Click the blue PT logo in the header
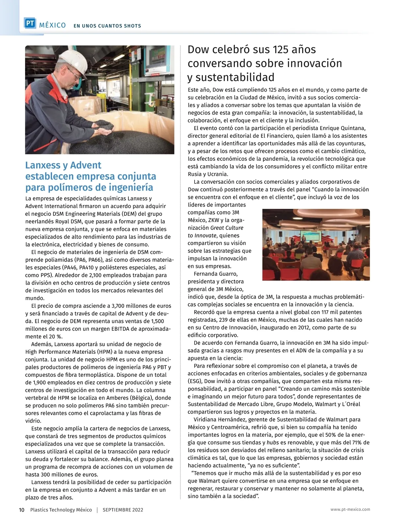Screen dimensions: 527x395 point(30,23)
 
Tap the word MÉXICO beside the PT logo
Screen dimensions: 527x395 point(53,25)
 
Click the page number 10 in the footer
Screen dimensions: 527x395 point(21,510)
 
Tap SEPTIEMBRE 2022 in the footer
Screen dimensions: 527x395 point(123,510)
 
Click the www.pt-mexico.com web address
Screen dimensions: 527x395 point(350,509)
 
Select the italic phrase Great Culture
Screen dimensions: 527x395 point(227,228)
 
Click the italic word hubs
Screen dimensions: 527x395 point(273,443)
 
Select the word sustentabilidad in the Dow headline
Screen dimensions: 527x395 point(235,77)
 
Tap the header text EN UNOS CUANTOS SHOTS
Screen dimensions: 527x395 point(107,26)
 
